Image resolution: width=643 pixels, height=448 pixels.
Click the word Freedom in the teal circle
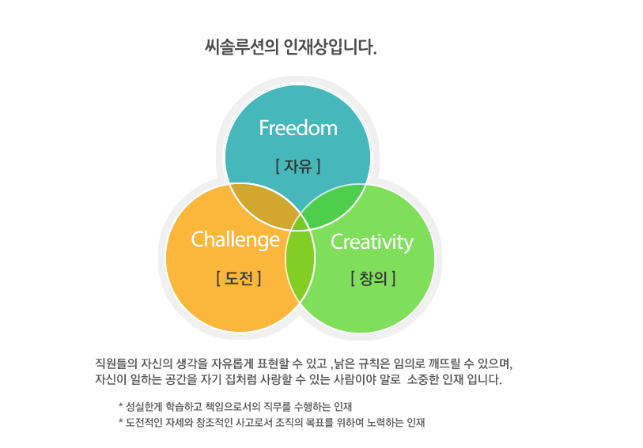click(298, 128)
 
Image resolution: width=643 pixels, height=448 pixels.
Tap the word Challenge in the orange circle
click(236, 240)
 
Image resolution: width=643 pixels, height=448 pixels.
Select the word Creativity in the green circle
click(372, 243)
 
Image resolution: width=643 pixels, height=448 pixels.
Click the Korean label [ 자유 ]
click(297, 166)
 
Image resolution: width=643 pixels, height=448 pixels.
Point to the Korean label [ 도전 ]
click(238, 278)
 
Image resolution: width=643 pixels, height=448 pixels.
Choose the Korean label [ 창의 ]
click(373, 278)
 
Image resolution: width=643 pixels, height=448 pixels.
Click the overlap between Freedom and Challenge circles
click(263, 205)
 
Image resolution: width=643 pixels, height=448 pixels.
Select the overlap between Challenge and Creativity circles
click(300, 262)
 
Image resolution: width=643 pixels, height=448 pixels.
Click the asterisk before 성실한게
click(120, 406)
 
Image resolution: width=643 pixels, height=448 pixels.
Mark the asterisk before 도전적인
click(120, 421)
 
